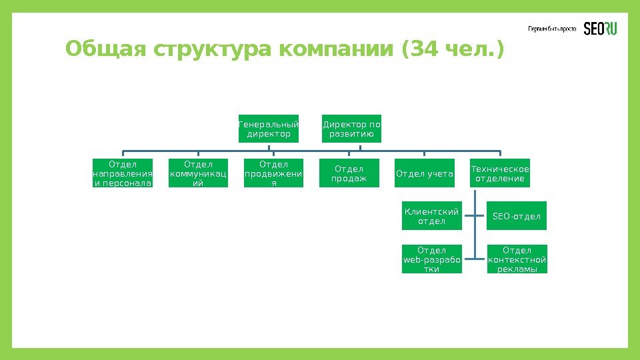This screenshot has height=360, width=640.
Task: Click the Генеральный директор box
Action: point(269,129)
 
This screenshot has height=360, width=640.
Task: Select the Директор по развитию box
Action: point(351,129)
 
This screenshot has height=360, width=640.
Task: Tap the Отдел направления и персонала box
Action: point(123,173)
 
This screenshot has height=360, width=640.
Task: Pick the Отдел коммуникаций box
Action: point(198,173)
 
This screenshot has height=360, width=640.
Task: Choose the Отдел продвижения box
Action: point(273,173)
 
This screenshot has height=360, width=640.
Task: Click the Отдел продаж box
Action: point(349,173)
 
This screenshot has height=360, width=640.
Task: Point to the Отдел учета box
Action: point(425,174)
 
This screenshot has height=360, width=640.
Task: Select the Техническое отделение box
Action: point(500,173)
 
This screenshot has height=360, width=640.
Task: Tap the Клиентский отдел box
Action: point(431,216)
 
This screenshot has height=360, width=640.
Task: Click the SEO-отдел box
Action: point(517,216)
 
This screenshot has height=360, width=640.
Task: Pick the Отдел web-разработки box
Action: point(431,259)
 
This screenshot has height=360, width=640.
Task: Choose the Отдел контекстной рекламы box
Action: point(517,259)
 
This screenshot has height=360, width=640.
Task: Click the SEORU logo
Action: point(601,29)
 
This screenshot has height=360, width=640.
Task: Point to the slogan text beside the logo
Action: point(552,29)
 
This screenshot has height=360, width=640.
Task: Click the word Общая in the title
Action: point(106,49)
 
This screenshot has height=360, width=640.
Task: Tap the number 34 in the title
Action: point(427,49)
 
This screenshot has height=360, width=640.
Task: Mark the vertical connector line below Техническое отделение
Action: point(474,227)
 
